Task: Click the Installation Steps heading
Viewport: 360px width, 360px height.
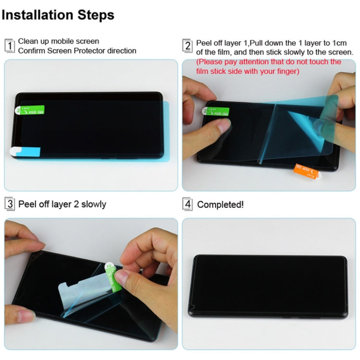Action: click(58, 15)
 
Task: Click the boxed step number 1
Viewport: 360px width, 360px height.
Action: click(10, 46)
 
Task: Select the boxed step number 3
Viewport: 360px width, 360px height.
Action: click(10, 204)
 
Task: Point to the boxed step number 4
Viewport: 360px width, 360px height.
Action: click(188, 204)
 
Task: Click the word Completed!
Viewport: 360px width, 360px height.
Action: click(220, 204)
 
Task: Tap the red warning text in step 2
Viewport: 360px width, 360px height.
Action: click(269, 67)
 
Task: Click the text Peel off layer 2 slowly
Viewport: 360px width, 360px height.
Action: click(62, 204)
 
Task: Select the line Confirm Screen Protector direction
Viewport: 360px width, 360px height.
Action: click(77, 51)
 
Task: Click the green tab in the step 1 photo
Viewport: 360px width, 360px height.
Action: click(32, 110)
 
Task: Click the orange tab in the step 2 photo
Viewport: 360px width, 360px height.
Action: click(307, 169)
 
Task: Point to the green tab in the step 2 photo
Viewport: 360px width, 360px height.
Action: click(217, 111)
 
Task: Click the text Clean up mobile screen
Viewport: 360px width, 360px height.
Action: click(59, 41)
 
